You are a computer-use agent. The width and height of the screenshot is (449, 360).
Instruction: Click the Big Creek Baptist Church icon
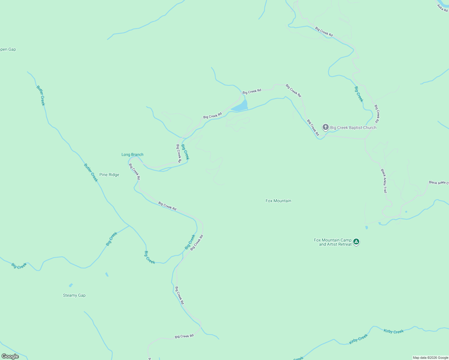325,127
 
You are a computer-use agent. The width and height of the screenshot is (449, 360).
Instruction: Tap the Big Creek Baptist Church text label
353,127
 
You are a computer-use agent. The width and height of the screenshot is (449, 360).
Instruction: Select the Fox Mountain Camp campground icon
356,241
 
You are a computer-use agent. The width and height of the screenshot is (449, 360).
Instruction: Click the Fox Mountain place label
278,201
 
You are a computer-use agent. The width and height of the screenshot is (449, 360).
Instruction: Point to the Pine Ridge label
109,175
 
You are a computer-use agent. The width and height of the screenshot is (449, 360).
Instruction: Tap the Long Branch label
132,154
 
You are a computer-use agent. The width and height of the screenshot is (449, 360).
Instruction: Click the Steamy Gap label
74,295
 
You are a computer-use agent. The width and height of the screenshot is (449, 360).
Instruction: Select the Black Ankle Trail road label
384,181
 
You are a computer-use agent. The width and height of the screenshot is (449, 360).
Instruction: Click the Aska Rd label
442,8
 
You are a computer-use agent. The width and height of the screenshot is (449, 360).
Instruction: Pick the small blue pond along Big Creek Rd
240,106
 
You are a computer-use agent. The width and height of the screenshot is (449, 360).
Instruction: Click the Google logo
10,356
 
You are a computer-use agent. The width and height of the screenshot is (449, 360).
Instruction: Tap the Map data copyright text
430,358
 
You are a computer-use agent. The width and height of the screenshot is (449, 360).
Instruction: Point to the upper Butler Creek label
41,95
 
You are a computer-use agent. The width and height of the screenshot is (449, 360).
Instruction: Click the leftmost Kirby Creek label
358,339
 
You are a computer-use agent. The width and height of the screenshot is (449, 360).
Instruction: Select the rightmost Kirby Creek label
393,331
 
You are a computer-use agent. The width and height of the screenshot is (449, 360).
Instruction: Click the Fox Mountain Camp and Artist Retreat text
333,242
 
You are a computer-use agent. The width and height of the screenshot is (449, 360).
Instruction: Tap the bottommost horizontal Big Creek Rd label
184,336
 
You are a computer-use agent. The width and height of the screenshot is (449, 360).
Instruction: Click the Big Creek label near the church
359,94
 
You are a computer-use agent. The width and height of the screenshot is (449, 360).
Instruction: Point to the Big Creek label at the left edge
19,266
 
